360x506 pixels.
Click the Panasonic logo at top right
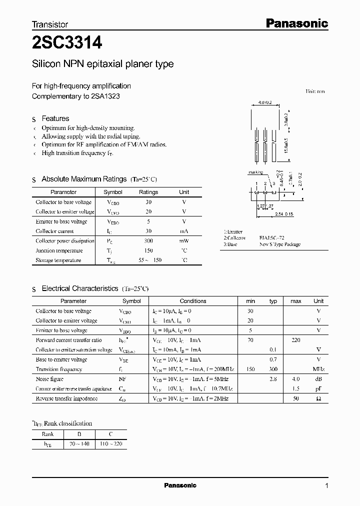click(296, 23)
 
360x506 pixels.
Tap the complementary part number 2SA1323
click(104, 95)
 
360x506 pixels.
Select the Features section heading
click(55, 118)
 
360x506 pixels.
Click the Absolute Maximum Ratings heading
click(84, 179)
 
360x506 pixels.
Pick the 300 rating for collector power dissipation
click(148, 240)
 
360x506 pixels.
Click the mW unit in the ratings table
click(184, 240)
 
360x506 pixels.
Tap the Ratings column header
click(148, 192)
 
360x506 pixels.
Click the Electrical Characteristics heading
click(80, 288)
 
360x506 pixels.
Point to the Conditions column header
click(193, 301)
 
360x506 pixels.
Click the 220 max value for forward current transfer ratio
click(295, 340)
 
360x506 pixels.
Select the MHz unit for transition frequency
click(318, 369)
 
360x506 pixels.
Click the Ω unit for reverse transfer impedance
click(318, 398)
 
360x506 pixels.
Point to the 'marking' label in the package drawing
click(255, 172)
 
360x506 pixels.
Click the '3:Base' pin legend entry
click(230, 244)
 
